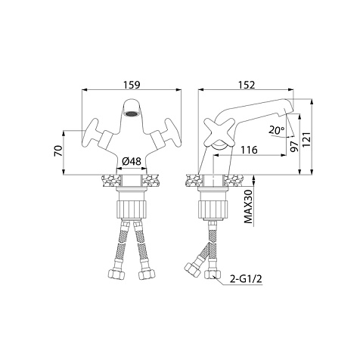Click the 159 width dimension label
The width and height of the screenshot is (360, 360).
pos(132,85)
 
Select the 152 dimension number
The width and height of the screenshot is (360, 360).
pos(247,85)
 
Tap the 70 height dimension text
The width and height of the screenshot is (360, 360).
pos(58,151)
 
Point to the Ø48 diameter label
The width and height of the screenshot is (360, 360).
pos(132,161)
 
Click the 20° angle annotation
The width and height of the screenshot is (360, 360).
pos(277,130)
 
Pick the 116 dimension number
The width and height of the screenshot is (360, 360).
pos(249,150)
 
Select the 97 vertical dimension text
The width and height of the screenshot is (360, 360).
pos(294,147)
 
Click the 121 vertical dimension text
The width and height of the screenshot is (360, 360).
pos(306,140)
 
